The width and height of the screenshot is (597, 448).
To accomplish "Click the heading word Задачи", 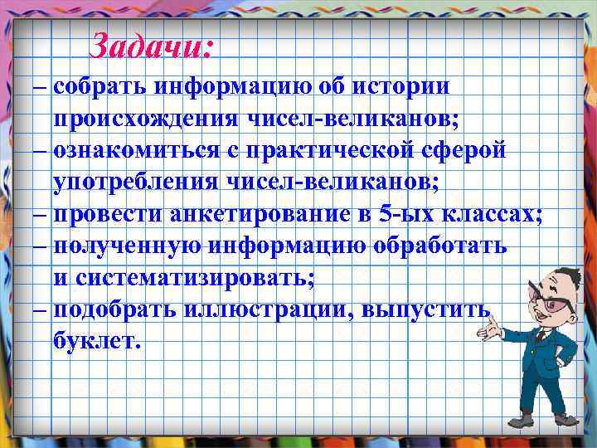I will pyautogui.click(x=151, y=45).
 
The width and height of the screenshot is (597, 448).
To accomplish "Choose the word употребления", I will pyautogui.click(x=140, y=182).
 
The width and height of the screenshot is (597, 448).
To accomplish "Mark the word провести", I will pyautogui.click(x=108, y=213).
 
